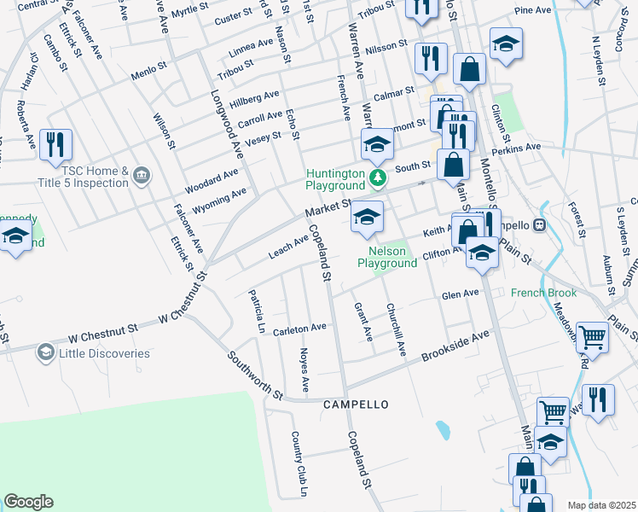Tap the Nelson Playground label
tap(386, 258)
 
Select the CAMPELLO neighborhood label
tap(356, 404)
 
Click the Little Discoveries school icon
tap(46, 352)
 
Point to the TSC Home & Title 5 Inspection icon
tap(142, 177)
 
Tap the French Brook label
tap(543, 293)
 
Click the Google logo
tap(28, 502)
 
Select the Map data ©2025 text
tap(601, 505)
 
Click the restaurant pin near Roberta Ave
tap(56, 144)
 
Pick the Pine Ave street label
tap(534, 10)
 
